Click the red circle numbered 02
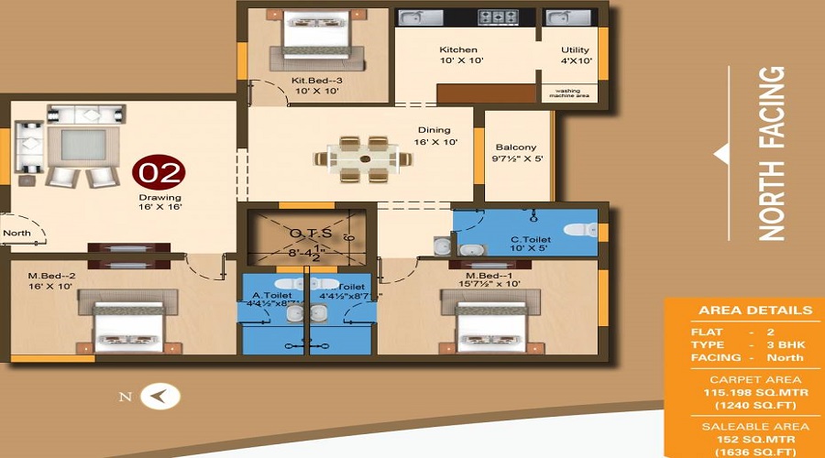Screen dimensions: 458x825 point(159,172)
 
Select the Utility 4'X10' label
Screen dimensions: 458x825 point(576,56)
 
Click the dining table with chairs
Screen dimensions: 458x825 point(364,158)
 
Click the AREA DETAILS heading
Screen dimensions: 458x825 point(755,311)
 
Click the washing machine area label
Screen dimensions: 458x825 point(568,92)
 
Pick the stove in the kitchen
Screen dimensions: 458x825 point(497,16)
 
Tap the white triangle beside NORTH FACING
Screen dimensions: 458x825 point(721,154)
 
